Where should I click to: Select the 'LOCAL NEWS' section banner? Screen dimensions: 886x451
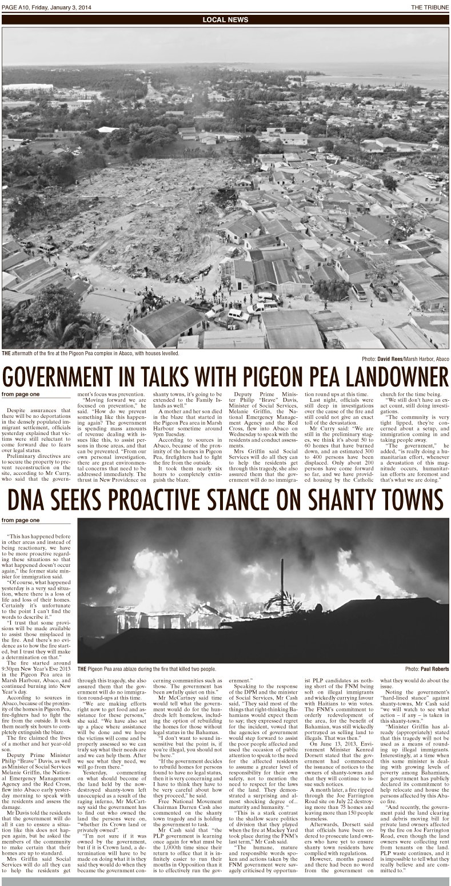click(x=225, y=19)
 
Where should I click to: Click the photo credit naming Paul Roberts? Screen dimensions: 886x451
click(x=427, y=668)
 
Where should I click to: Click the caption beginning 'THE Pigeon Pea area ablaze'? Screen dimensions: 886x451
click(x=147, y=668)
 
